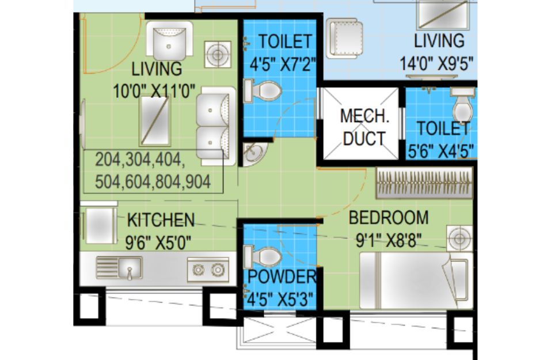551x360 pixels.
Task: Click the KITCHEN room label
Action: tap(161, 220)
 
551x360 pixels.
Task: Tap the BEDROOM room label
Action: tap(389, 218)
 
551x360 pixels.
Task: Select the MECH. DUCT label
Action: tap(364, 127)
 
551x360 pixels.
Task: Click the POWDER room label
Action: tap(282, 276)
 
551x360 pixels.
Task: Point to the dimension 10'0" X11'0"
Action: tap(154, 92)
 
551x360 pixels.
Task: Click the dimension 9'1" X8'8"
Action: tap(389, 241)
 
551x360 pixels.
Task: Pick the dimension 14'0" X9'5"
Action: tap(436, 64)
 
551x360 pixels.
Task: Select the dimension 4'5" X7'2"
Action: tap(283, 65)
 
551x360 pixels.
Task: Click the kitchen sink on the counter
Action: tap(119, 268)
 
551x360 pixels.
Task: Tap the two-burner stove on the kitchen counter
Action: tap(208, 270)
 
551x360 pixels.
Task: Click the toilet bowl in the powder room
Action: tap(263, 257)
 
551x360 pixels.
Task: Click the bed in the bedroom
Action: tap(416, 281)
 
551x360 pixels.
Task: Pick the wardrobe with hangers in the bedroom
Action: tap(424, 183)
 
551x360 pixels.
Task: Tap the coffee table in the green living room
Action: tap(155, 120)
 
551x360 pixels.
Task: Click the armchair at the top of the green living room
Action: tap(169, 40)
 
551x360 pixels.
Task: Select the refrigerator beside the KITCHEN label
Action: tap(99, 224)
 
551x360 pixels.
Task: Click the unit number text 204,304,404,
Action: tap(139, 160)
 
